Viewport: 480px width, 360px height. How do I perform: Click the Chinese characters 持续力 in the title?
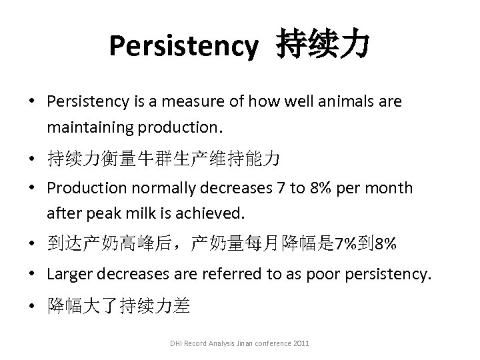tap(321, 45)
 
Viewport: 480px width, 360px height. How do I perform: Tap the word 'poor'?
tap(315, 274)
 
